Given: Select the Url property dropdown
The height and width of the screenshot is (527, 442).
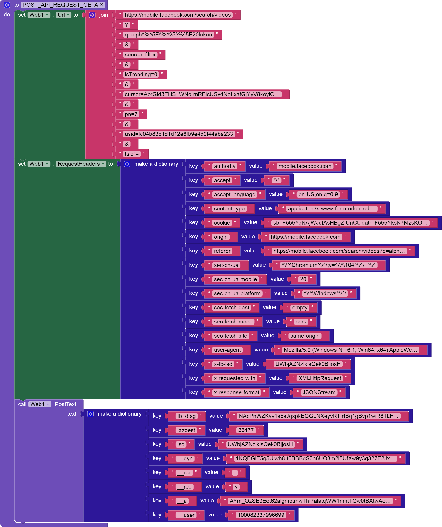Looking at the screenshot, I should coord(63,15).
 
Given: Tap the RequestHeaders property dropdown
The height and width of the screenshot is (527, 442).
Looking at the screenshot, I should coord(81,164).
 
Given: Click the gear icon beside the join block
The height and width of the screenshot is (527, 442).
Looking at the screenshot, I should coord(92,15).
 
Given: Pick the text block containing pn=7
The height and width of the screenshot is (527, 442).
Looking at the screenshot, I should coord(131,114).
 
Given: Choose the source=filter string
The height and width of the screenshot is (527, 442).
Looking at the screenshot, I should coord(140,54).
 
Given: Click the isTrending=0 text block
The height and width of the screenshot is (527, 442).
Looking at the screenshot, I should coord(141,75).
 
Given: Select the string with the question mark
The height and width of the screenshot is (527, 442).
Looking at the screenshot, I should coord(126,25).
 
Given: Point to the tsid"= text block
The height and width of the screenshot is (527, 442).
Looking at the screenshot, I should coord(132,154).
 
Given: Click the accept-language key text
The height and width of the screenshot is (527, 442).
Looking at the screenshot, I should coord(234,194).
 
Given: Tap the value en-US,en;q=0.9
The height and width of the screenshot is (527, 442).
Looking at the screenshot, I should coord(318,194).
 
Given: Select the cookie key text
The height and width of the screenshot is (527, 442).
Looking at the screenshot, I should coord(222,223).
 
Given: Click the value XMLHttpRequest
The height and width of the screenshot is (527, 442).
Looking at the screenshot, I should coord(320,378).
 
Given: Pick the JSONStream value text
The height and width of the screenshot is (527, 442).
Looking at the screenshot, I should coord(319,392).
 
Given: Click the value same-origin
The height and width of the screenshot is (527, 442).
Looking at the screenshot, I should coord(305,336).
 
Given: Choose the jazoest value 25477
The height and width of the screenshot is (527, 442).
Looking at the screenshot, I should coord(246,430).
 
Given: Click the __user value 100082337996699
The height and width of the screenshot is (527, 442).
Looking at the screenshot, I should coord(261,515).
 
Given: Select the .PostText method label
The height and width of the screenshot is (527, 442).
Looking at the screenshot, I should coord(65,404).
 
